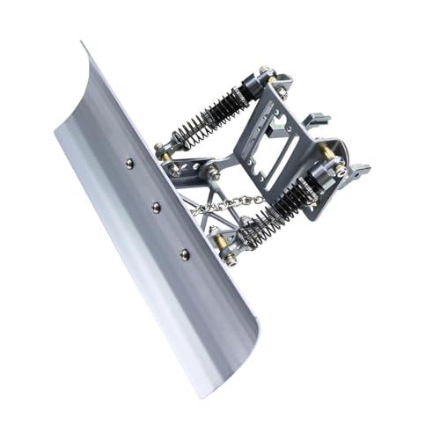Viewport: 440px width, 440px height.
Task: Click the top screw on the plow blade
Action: (128, 163)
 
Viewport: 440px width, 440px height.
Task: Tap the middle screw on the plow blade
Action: (156, 208)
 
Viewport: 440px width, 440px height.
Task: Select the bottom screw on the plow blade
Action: (184, 254)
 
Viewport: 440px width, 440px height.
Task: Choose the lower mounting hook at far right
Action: (359, 169)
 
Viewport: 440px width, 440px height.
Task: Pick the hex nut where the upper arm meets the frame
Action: (213, 173)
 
